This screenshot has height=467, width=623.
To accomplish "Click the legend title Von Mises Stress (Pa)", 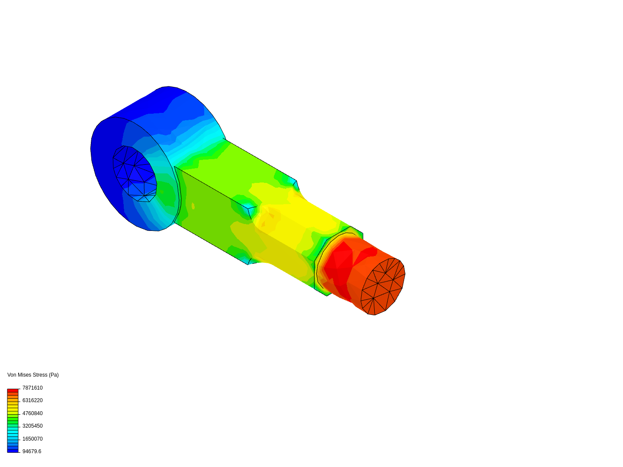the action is click(33, 375).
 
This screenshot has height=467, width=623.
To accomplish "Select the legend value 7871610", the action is click(32, 387).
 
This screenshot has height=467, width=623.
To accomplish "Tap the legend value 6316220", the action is click(32, 400).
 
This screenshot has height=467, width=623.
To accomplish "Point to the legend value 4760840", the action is click(32, 413).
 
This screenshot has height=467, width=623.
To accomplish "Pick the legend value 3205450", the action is click(32, 425).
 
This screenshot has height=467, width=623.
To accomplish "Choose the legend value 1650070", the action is click(32, 438).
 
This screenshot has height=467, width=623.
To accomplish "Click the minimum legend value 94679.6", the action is click(32, 451).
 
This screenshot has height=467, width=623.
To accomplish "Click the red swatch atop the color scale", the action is click(13, 390).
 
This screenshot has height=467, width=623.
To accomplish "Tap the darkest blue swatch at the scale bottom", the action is click(13, 451).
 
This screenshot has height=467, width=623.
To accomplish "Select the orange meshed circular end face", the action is click(383, 287).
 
